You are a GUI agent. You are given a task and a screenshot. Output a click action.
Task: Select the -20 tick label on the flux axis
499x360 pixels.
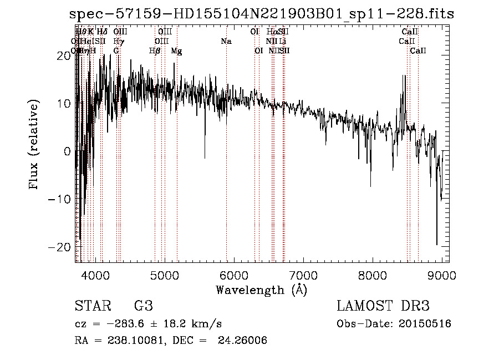pos(62,246)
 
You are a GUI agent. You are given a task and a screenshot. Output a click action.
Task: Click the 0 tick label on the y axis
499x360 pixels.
pos(67,151)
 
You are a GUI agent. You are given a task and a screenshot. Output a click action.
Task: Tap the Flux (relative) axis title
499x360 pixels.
pos(34,145)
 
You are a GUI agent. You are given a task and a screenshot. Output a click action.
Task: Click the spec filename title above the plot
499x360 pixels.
pos(261,15)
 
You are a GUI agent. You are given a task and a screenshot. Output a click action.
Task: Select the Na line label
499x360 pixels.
pos(226,42)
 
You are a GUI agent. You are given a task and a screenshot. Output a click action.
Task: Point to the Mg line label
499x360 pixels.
pos(176,51)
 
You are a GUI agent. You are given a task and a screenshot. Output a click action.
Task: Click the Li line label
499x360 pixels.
pos(283,42)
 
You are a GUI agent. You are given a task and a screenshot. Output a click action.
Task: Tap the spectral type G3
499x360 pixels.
pos(144,306)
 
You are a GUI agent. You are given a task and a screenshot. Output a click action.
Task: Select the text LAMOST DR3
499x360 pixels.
pos(383,306)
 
